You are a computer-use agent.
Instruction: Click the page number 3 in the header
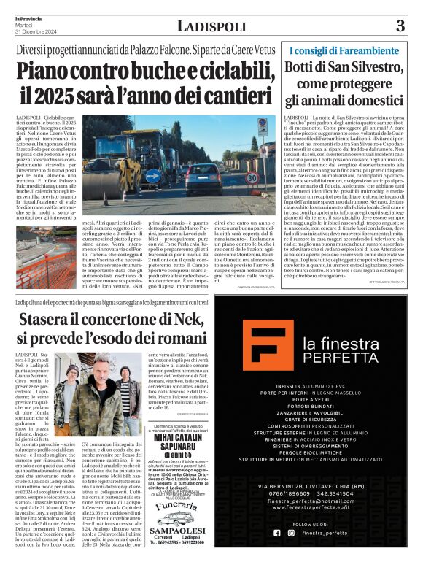pos(400,26)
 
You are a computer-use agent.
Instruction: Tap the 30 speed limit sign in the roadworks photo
pos(261,126)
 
